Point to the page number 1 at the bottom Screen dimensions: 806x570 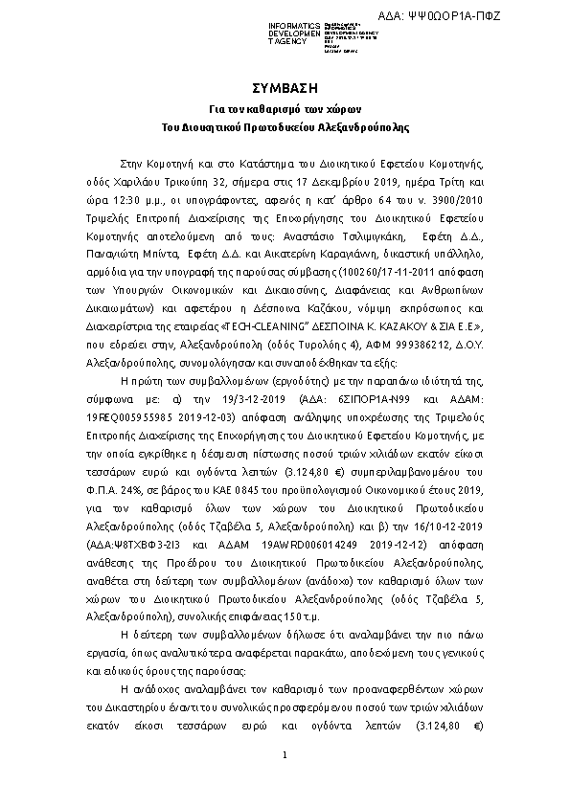[285, 757]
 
